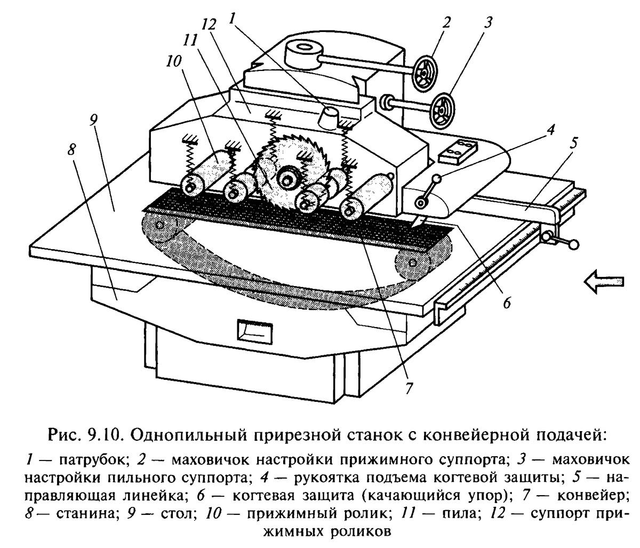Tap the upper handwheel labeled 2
coord(426,71)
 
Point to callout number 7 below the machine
coord(408,388)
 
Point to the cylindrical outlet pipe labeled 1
coord(330,116)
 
